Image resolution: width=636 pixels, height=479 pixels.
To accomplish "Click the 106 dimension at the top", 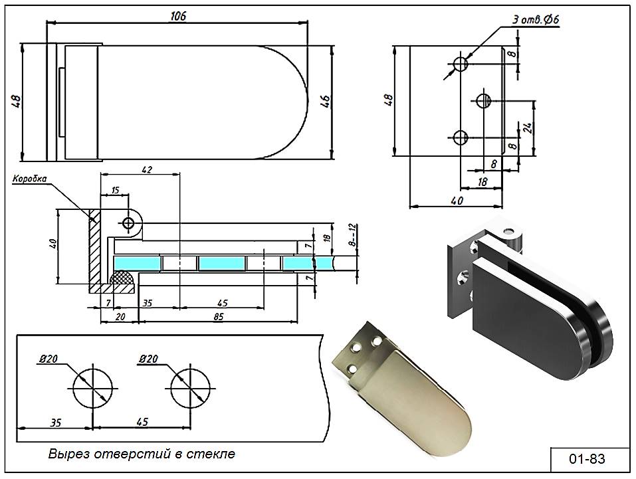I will point(177,16).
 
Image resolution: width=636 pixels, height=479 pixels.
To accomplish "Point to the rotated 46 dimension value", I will point(325,102).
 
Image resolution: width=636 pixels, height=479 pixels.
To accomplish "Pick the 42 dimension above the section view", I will point(147,169).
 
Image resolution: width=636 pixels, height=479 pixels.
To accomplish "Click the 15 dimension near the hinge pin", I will point(115,190).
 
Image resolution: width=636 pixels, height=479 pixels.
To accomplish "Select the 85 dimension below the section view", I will point(218,318).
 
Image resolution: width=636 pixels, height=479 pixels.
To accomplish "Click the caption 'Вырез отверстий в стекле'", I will point(142,454).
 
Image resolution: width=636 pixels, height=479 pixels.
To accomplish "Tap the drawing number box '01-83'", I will point(587,458).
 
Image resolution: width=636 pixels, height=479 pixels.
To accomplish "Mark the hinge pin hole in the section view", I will point(128,223).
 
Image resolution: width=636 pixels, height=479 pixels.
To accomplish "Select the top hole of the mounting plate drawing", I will point(460,63).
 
